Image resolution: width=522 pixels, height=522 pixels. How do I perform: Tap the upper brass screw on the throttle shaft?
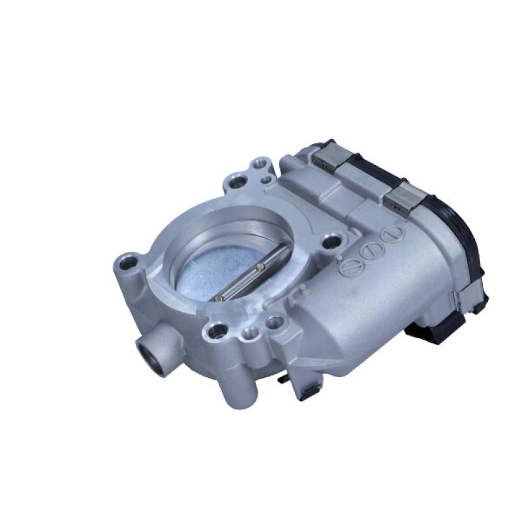tap(260, 266)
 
